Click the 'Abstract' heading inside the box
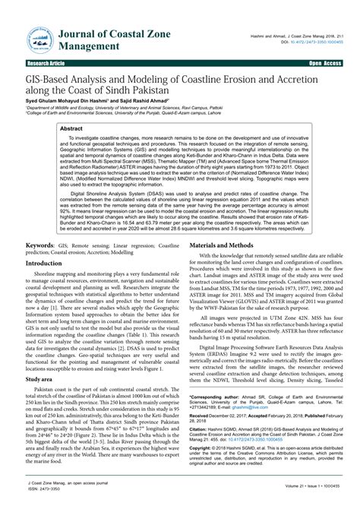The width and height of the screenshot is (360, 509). (x=73, y=129)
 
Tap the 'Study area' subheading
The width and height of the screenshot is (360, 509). (x=39, y=356)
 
